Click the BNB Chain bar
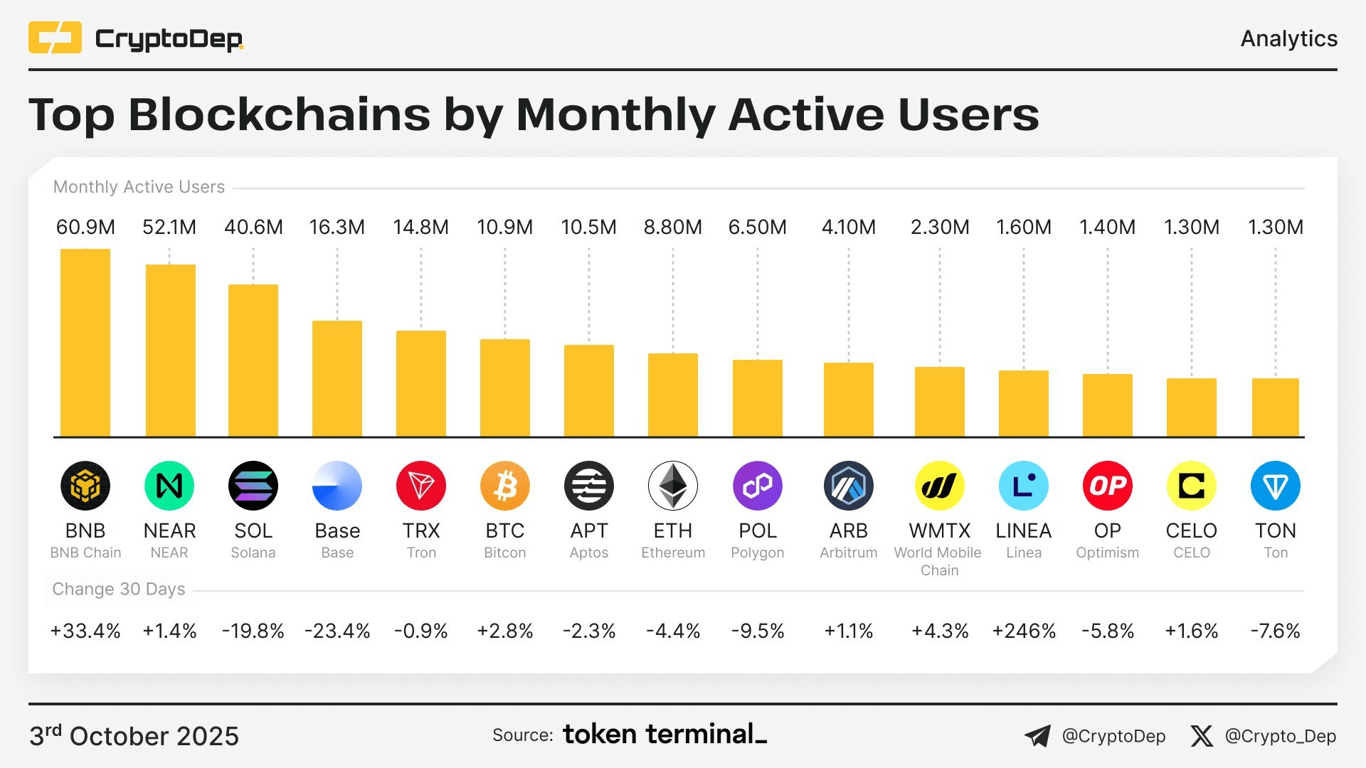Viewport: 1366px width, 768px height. pyautogui.click(x=85, y=343)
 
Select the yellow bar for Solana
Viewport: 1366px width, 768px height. pyautogui.click(x=253, y=361)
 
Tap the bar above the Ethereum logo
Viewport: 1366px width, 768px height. pyautogui.click(x=673, y=395)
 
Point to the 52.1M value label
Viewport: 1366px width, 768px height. pyautogui.click(x=169, y=227)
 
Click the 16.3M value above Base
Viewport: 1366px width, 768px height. pyautogui.click(x=337, y=227)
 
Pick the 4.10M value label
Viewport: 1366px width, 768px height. pyautogui.click(x=849, y=227)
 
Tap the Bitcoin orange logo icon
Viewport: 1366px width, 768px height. pyautogui.click(x=505, y=486)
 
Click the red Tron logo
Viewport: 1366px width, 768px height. pyautogui.click(x=421, y=486)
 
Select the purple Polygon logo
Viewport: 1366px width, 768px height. pyautogui.click(x=758, y=486)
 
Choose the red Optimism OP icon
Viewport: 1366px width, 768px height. pyautogui.click(x=1108, y=486)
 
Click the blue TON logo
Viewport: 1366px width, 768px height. pyautogui.click(x=1276, y=486)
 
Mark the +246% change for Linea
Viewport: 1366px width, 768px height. pyautogui.click(x=1024, y=631)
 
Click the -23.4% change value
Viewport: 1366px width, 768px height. pyautogui.click(x=337, y=631)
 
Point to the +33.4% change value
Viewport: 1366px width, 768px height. pyautogui.click(x=85, y=631)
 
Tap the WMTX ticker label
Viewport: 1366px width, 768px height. pyautogui.click(x=940, y=530)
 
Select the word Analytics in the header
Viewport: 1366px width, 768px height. pyautogui.click(x=1289, y=38)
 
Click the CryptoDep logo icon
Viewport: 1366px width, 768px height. pyautogui.click(x=55, y=38)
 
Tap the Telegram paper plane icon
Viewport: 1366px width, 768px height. pyautogui.click(x=1038, y=736)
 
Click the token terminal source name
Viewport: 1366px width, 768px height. pyautogui.click(x=665, y=734)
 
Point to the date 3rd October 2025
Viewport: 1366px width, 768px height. pyautogui.click(x=134, y=736)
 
